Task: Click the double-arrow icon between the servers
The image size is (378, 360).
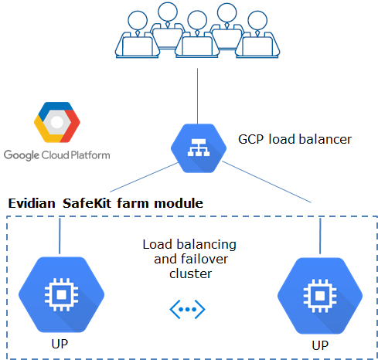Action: (189, 309)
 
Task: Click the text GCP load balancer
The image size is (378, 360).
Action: (295, 140)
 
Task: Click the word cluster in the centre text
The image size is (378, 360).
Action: (189, 274)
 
